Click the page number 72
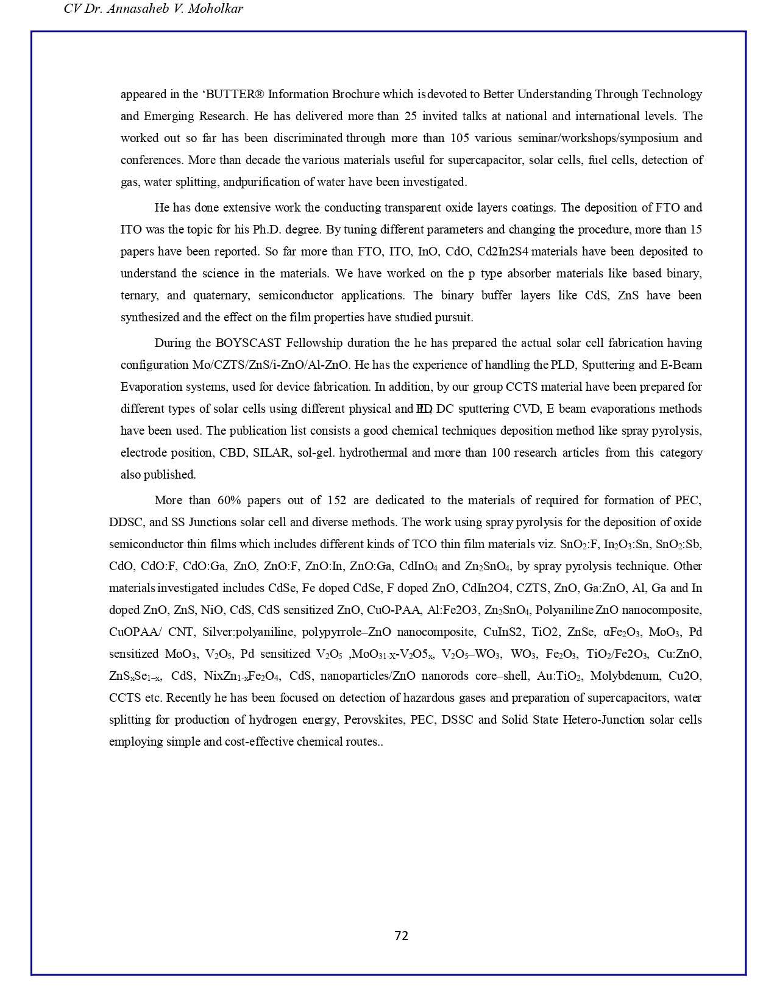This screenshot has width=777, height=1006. tap(401, 936)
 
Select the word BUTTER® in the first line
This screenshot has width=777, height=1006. tap(235, 95)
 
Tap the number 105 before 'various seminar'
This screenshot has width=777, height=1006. tap(460, 138)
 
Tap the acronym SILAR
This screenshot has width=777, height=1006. tap(271, 453)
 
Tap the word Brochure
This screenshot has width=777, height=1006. tap(356, 95)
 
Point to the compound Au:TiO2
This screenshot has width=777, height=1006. tap(553, 676)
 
